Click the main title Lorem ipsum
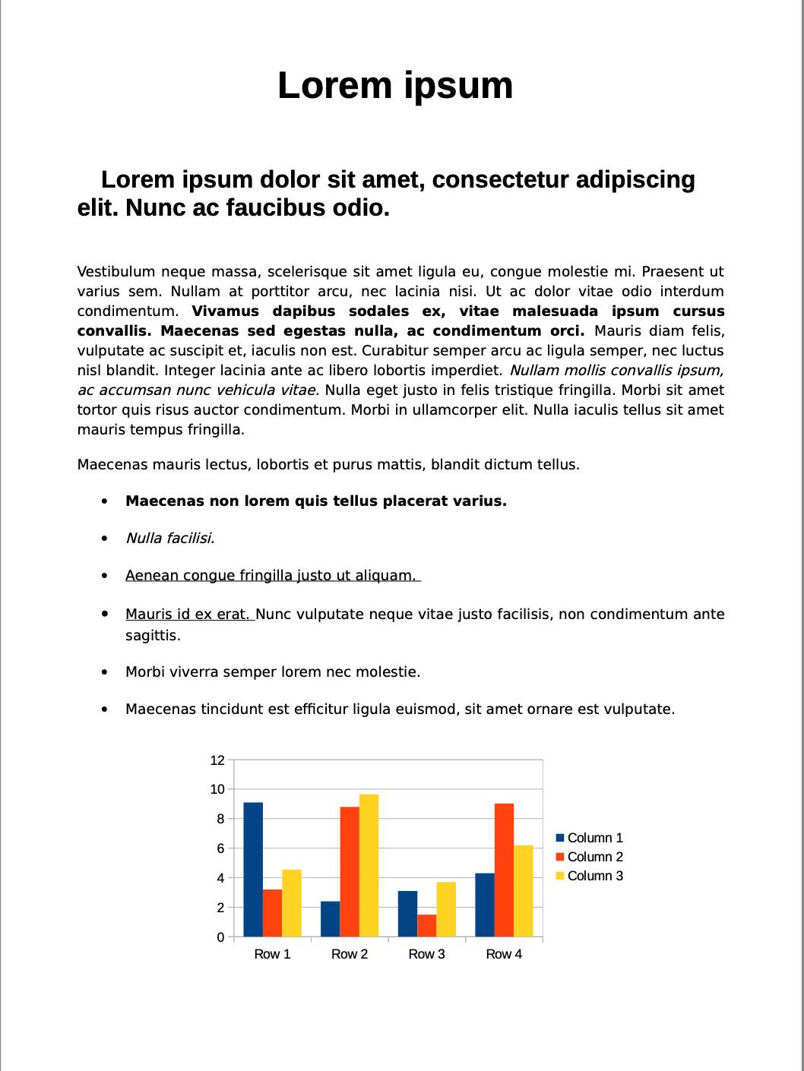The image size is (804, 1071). point(395,85)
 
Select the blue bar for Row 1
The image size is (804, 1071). point(253,869)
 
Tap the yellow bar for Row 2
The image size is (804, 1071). point(369,865)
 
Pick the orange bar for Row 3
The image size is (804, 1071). point(426,925)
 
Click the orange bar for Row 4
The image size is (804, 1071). point(504,870)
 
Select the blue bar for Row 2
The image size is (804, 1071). point(330,918)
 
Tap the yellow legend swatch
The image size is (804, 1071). point(561,876)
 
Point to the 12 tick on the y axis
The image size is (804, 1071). point(217,760)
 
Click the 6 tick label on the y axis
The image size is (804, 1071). point(220,848)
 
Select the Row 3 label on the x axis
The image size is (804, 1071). point(426,954)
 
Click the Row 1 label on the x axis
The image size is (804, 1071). point(272,954)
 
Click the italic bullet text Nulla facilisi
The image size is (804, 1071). point(169,539)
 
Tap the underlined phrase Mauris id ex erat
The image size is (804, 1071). point(188,614)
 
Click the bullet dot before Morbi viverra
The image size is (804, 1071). point(105,672)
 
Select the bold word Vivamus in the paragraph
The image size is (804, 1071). point(226,311)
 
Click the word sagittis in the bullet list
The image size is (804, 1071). point(153,635)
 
